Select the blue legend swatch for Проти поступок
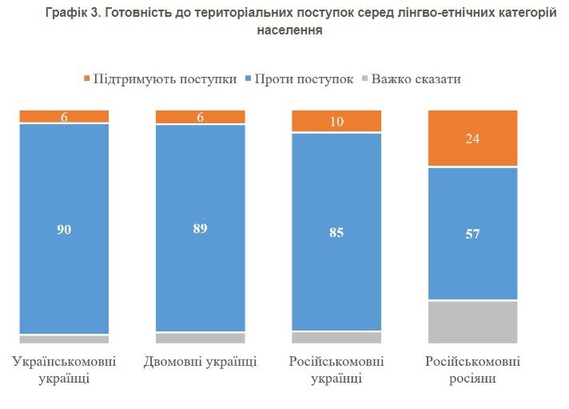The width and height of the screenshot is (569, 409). (248, 78)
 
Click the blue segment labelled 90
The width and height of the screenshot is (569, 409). (64, 229)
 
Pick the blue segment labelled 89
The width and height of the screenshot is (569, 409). (200, 228)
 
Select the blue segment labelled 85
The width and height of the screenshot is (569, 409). (336, 231)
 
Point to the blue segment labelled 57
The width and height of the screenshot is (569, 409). (473, 234)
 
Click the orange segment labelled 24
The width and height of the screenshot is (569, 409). (473, 138)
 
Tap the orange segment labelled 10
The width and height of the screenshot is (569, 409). (336, 121)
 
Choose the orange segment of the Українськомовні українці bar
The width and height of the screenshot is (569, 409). (64, 116)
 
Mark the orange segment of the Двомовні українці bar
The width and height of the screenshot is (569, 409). (200, 116)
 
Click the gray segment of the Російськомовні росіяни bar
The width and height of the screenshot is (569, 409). (473, 322)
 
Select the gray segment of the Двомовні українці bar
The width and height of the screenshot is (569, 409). (200, 338)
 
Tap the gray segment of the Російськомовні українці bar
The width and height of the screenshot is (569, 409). (336, 337)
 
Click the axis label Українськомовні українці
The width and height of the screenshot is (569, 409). (64, 370)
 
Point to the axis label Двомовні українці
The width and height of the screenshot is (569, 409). (200, 362)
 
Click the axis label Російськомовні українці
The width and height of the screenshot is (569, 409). (336, 370)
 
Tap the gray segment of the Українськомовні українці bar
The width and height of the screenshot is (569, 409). (64, 339)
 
